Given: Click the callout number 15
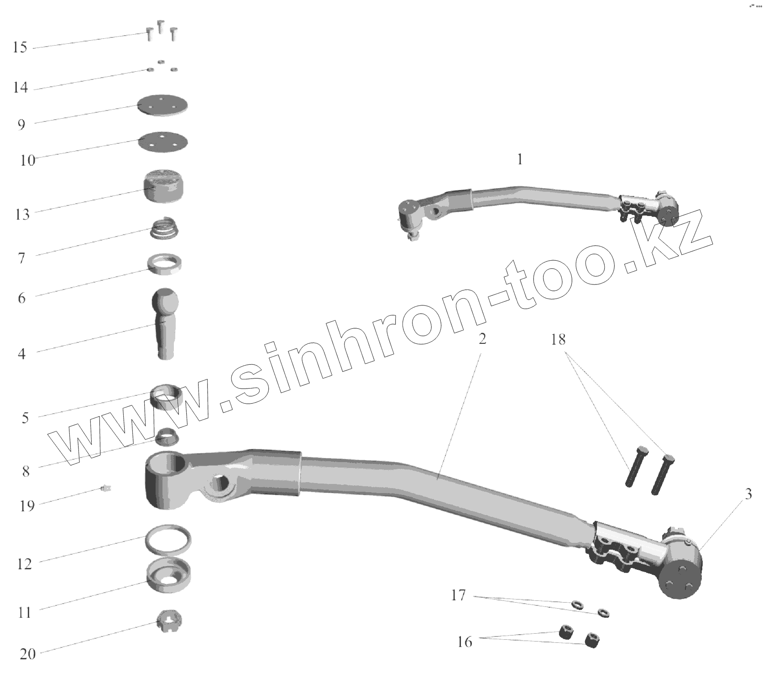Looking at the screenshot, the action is [20, 47].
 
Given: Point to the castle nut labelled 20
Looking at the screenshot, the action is [167, 621].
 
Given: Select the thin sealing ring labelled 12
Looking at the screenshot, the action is [167, 538].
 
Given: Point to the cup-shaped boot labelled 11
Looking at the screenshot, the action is [168, 576].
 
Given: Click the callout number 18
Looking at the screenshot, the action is [558, 340].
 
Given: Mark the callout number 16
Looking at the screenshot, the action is [465, 642].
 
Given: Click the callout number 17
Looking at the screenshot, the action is [458, 595].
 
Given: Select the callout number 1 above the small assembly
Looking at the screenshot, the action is [520, 159].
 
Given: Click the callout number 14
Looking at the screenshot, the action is [20, 87].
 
